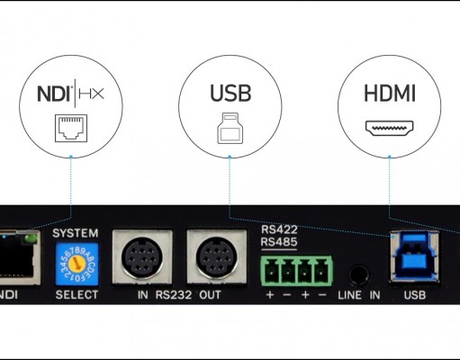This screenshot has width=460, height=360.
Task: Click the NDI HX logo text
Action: click(70, 94)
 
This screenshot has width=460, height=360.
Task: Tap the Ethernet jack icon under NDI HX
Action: click(71, 128)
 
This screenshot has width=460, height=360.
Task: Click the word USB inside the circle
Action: click(230, 94)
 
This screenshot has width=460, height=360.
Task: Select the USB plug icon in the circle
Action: click(230, 128)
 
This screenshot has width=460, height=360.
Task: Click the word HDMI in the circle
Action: click(390, 94)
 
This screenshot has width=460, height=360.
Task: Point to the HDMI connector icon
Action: click(389, 128)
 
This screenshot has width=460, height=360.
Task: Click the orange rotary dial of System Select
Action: click(77, 264)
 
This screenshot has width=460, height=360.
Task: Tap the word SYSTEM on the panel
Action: click(76, 233)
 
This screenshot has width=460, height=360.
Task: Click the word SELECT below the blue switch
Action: click(77, 294)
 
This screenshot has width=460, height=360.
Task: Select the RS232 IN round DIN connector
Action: click(142, 257)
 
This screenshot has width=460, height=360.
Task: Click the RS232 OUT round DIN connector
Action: click(217, 257)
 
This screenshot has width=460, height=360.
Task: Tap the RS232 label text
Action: click(174, 295)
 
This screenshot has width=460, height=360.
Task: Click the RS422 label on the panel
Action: click(279, 229)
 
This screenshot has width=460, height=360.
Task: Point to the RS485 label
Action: click(279, 242)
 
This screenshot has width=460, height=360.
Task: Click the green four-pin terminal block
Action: click(296, 270)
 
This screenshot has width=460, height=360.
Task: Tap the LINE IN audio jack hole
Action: click(358, 274)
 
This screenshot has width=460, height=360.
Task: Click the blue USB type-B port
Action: click(414, 257)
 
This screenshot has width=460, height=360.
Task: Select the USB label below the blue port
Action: click(415, 295)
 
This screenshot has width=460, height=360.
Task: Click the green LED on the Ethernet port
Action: click(31, 238)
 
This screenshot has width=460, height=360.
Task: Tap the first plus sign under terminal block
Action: click(270, 295)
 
